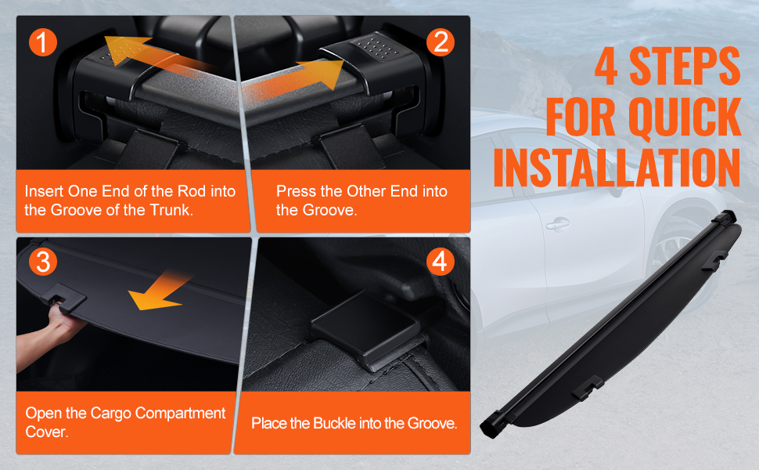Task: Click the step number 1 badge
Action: pyautogui.click(x=43, y=42)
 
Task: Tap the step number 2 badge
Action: pyautogui.click(x=440, y=42)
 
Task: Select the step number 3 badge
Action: pyautogui.click(x=43, y=262)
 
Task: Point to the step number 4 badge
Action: pyautogui.click(x=440, y=262)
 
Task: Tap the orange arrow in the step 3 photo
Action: pyautogui.click(x=160, y=291)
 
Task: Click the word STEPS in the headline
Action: pyautogui.click(x=685, y=67)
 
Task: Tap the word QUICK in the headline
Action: pyautogui.click(x=685, y=116)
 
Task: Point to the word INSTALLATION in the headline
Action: pyautogui.click(x=617, y=168)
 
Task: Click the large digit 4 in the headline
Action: pyautogui.click(x=606, y=67)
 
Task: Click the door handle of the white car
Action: pyautogui.click(x=558, y=224)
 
